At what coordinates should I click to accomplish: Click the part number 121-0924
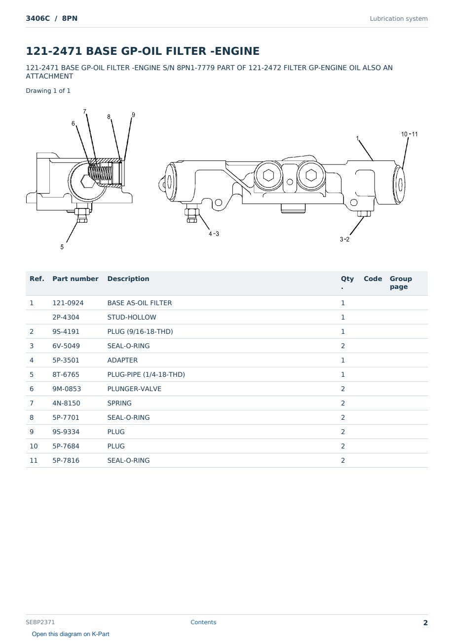[x=68, y=303]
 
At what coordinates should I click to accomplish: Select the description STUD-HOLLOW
[x=132, y=317]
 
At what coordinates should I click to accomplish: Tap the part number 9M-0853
[x=67, y=389]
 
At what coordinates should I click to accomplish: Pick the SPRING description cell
[x=119, y=403]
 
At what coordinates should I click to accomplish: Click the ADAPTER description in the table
[x=122, y=361]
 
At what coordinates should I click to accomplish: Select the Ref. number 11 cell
[x=34, y=461]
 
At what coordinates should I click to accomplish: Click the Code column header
[x=373, y=279]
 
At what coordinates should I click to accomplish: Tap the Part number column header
[x=76, y=279]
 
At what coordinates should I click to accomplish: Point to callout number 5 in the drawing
[x=62, y=247]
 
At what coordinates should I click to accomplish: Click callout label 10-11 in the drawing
[x=409, y=134]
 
